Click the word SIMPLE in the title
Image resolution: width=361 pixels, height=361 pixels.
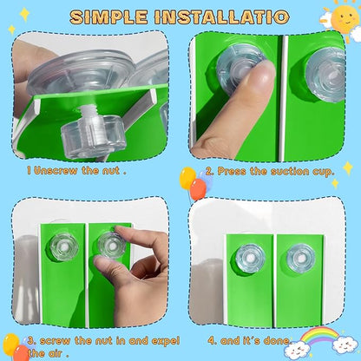(x=108, y=16)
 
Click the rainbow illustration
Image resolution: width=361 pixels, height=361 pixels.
(x=319, y=336)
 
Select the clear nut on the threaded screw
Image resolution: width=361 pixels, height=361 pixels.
(x=94, y=136)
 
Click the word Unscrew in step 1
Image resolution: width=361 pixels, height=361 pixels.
(x=56, y=170)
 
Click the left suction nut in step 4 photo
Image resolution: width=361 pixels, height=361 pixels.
(x=250, y=259)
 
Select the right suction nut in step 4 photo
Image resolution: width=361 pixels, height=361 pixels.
(x=301, y=259)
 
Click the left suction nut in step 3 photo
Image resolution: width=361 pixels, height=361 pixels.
(x=64, y=246)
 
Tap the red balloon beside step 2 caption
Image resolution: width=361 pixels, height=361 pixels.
(x=199, y=189)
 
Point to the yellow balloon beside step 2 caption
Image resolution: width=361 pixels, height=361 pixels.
(x=187, y=178)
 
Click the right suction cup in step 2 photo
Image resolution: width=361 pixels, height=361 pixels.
(x=326, y=75)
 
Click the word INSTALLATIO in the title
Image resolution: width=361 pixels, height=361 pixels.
(x=222, y=16)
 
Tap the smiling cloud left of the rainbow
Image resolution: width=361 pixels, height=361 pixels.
(x=296, y=350)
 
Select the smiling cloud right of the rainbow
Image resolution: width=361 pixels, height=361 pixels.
(x=345, y=345)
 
